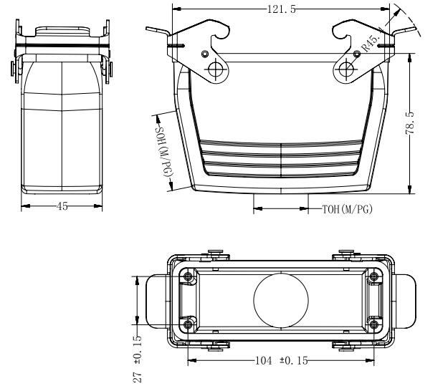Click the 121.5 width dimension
[x=282, y=9]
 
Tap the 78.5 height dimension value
[x=410, y=123]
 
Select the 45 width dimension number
[x=62, y=206]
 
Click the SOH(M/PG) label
[x=165, y=151]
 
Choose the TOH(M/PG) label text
[x=348, y=209]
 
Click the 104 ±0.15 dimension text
[x=282, y=361]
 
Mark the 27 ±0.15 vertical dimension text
[x=138, y=359]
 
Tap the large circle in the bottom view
[x=281, y=300]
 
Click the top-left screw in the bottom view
[x=188, y=276]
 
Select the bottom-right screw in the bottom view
[x=373, y=324]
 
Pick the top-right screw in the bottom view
[x=373, y=276]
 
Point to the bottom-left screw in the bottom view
[x=188, y=324]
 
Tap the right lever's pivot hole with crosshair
[x=346, y=69]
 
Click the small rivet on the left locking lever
[x=205, y=54]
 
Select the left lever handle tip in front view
[x=147, y=29]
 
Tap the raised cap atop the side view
[x=62, y=31]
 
